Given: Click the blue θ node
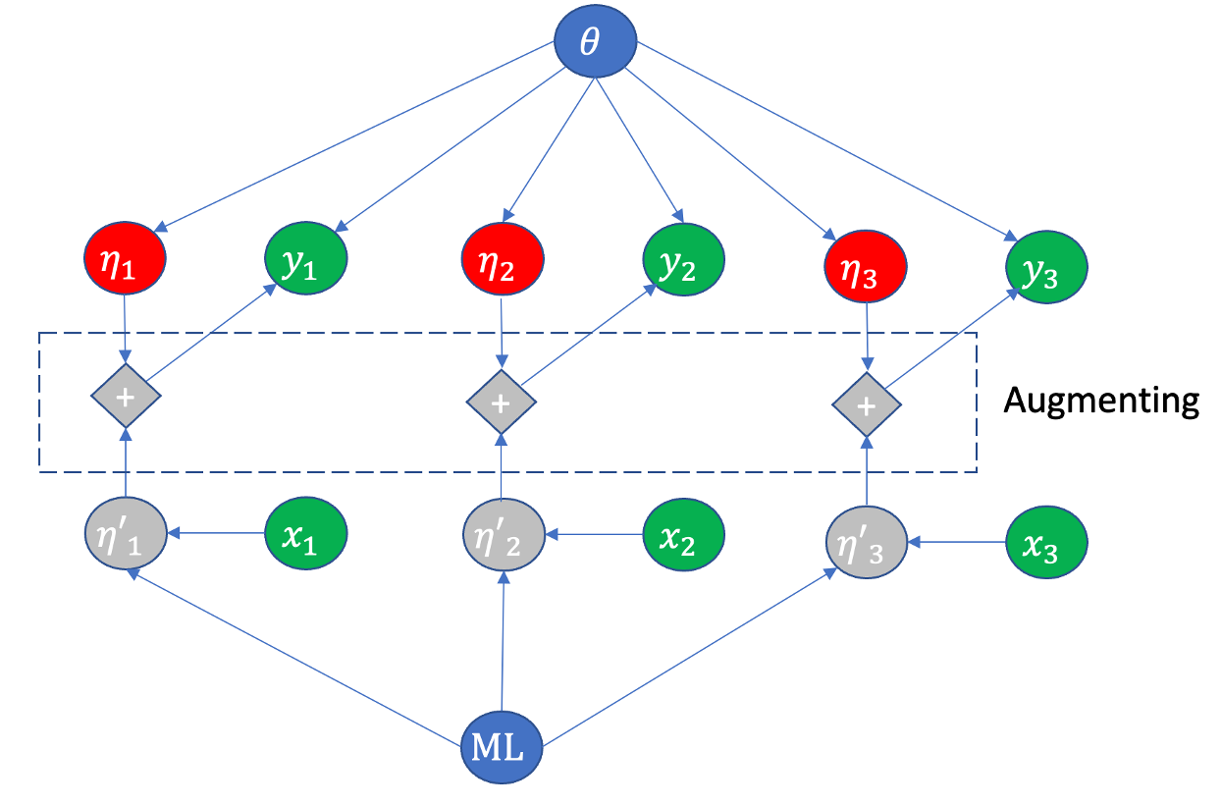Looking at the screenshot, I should click(x=595, y=45).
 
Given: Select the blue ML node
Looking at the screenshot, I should click(x=503, y=752).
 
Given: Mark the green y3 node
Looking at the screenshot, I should click(x=1046, y=268).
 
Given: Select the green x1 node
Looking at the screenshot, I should click(x=305, y=535).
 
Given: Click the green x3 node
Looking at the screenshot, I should click(x=1046, y=543).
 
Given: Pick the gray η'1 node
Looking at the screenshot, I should click(x=125, y=535).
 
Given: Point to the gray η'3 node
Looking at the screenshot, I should click(x=866, y=543).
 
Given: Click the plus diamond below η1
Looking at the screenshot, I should click(x=125, y=396).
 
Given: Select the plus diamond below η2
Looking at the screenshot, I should click(x=501, y=402).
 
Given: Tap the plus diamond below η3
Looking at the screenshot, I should click(x=866, y=403).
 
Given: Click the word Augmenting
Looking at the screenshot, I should click(x=1100, y=402).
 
